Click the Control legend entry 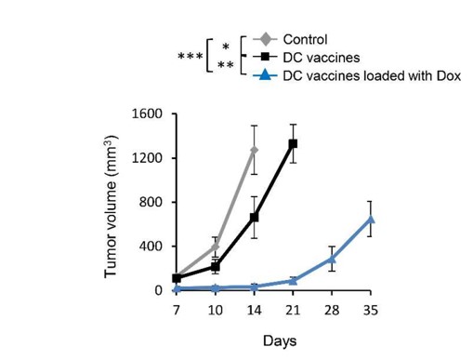pos(308,39)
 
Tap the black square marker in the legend pos(265,57)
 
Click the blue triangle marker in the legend pos(265,73)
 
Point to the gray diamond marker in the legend pos(265,39)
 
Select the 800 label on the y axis pos(151,202)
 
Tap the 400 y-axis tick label pos(151,247)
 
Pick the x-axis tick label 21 pos(293,308)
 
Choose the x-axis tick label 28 pos(331,308)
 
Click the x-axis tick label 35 pos(370,308)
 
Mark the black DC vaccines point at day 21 pos(293,143)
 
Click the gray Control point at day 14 pos(254,150)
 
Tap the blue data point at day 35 pos(370,220)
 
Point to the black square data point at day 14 pos(254,218)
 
